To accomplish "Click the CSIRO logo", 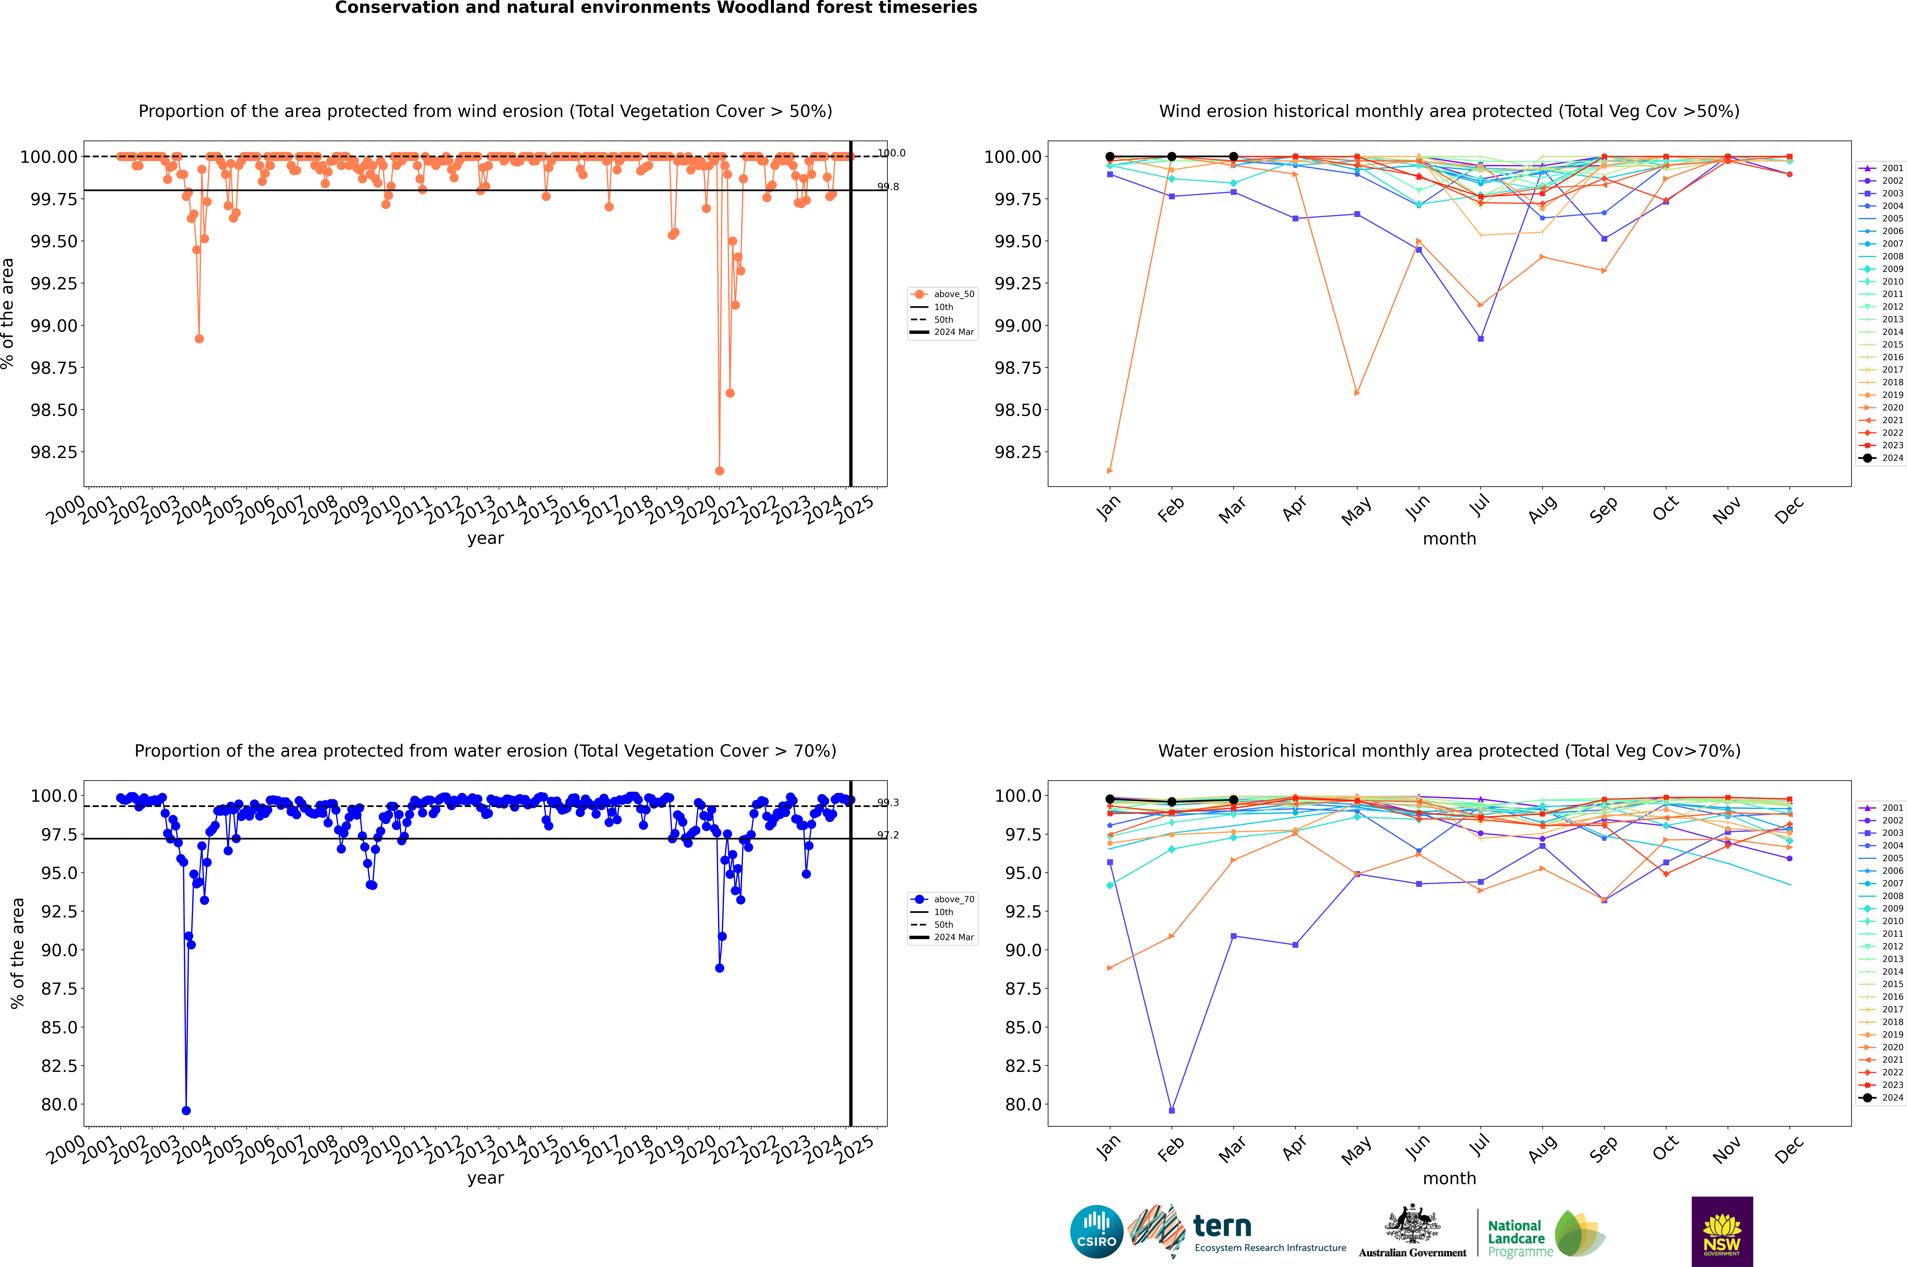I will tap(1096, 1232).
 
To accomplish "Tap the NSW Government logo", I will tap(1722, 1232).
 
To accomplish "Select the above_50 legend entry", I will tap(943, 294).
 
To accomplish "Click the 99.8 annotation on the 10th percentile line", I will tap(888, 187).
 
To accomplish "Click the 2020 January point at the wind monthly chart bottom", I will tap(1110, 470).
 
